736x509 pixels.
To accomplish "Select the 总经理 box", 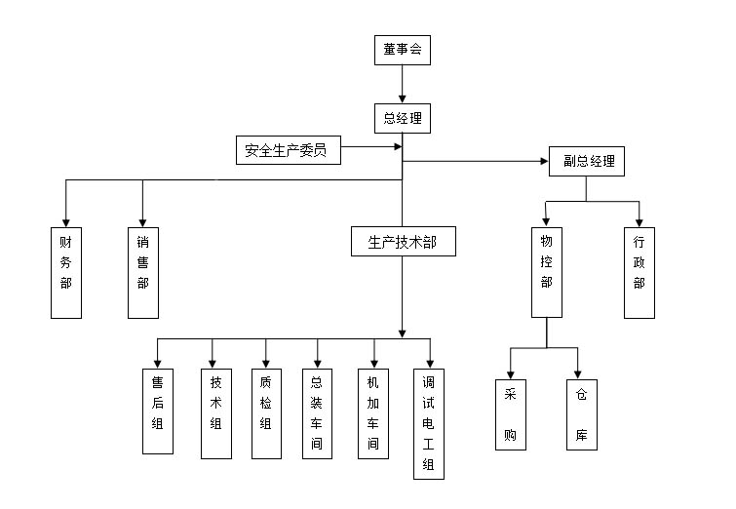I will [x=403, y=119].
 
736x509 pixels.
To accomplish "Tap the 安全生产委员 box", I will [x=289, y=150].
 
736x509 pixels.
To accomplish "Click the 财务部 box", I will [x=65, y=272].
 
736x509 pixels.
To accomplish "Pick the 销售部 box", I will [x=143, y=272].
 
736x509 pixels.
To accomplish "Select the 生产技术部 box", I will [x=403, y=242].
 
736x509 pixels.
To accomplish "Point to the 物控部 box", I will [x=547, y=272].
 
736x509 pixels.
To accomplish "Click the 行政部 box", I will [x=639, y=272].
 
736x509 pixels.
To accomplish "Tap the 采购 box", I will [x=509, y=413].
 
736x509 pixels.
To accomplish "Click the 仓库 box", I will [x=581, y=413].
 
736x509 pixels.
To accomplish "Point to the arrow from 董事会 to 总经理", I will [x=403, y=85].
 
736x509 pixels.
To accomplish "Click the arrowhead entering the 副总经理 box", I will [x=544, y=161].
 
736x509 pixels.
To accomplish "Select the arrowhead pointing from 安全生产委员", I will [x=398, y=148].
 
